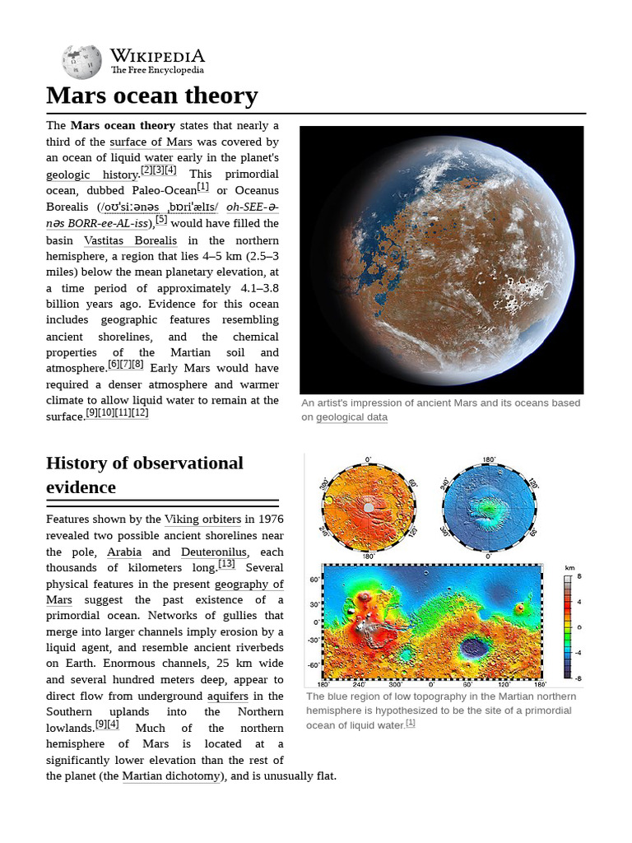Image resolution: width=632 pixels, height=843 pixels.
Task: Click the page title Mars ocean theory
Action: pyautogui.click(x=152, y=95)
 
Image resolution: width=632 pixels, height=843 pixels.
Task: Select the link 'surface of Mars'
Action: pyautogui.click(x=151, y=142)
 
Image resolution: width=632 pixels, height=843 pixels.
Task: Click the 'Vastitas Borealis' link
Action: pyautogui.click(x=130, y=240)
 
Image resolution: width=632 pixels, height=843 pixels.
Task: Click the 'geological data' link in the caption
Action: pyautogui.click(x=351, y=417)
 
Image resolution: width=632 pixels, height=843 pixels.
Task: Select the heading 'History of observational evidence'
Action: pyautogui.click(x=145, y=474)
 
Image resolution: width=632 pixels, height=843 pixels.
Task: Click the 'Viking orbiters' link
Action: pyautogui.click(x=202, y=519)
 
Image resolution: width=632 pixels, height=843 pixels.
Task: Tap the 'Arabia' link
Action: pyautogui.click(x=124, y=552)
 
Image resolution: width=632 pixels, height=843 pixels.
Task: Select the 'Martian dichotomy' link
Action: pyautogui.click(x=171, y=776)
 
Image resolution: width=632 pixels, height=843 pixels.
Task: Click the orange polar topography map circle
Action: pyautogui.click(x=367, y=506)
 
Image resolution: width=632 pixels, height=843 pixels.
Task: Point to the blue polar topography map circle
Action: pyautogui.click(x=489, y=506)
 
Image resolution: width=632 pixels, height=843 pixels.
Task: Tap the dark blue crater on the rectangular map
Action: pyautogui.click(x=473, y=648)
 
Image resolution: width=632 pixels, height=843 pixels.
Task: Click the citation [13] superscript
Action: pyautogui.click(x=226, y=564)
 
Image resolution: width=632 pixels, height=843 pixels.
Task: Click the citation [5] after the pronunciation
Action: pyautogui.click(x=161, y=220)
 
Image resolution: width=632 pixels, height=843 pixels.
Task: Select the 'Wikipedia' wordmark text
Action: pyautogui.click(x=157, y=55)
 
